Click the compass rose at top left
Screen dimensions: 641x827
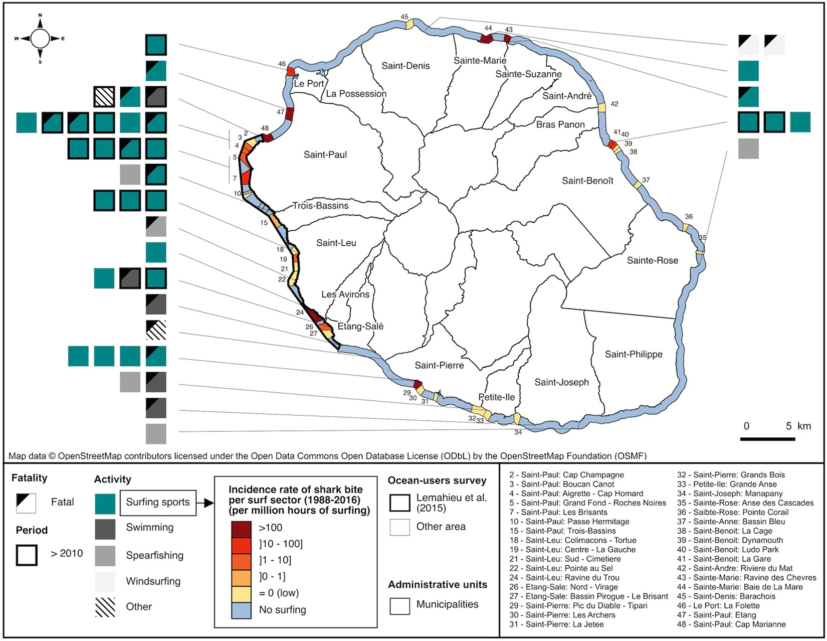pos(40,39)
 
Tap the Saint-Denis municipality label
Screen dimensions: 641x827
pos(405,66)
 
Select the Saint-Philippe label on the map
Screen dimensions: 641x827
pos(634,354)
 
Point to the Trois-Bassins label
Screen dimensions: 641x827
pos(320,206)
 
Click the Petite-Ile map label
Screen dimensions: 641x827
pos(496,397)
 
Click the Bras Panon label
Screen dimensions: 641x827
pos(560,124)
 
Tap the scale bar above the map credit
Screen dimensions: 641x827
pos(767,439)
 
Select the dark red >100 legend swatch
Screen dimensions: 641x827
pos(241,528)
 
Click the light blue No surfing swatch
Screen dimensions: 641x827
pos(241,610)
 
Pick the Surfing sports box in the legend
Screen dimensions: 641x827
pos(158,503)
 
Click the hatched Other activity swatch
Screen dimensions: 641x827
pos(105,607)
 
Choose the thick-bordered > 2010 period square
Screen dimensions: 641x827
pos(27,555)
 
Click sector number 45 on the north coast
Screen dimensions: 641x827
pos(404,17)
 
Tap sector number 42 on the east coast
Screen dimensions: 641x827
pos(614,104)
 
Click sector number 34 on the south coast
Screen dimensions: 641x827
pos(518,432)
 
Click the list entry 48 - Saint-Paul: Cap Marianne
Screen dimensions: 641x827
pos(731,624)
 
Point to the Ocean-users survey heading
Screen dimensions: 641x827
pos(437,480)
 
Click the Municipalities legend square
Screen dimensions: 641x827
pos(399,605)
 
